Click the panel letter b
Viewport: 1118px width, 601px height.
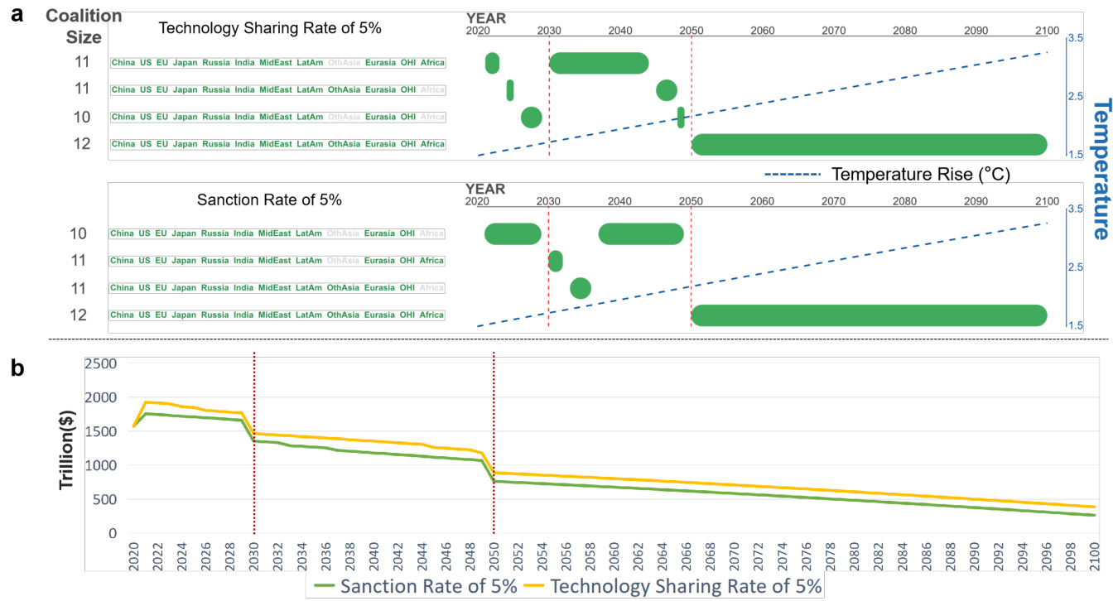[17, 368]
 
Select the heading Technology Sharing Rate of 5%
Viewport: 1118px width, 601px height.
[269, 28]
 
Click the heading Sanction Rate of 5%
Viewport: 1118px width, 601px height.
[269, 200]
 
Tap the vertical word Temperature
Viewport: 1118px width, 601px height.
[1102, 169]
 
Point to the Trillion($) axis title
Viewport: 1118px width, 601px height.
[69, 447]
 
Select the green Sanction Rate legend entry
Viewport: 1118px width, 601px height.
[419, 586]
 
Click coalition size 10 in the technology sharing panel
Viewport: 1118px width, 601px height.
[82, 118]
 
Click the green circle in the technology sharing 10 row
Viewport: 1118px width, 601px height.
[531, 118]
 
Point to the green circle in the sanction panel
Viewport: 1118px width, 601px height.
[581, 288]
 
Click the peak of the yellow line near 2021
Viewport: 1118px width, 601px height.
[147, 402]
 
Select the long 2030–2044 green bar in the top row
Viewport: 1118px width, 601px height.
[599, 63]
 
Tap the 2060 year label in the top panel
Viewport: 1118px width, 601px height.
[762, 31]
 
